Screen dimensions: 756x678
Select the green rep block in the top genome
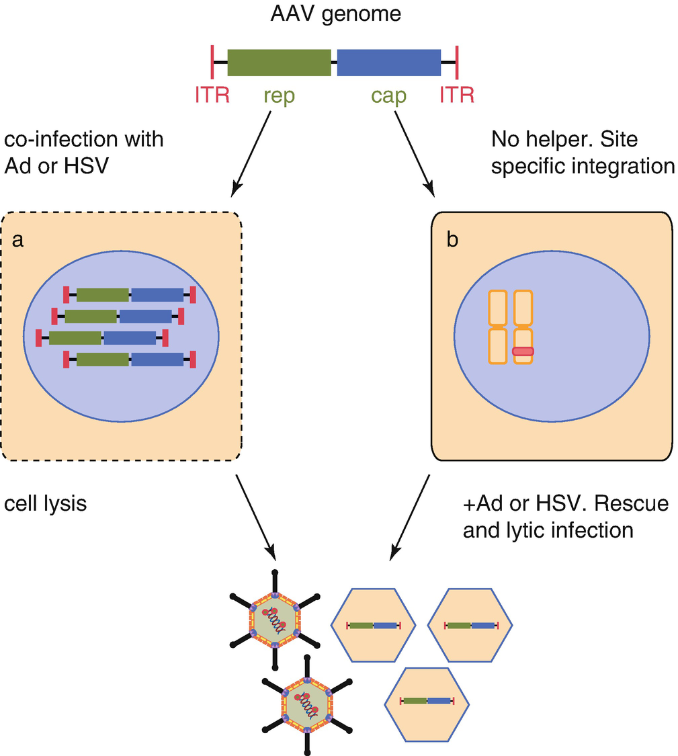point(279,62)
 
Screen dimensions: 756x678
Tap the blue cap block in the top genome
point(388,62)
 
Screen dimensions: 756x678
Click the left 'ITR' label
point(212,95)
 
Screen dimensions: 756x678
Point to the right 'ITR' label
point(456,95)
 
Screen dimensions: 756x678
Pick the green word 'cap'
point(388,96)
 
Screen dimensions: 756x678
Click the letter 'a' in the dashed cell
point(19,241)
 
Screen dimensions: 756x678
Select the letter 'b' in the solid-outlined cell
point(453,241)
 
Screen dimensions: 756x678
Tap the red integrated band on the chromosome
point(523,351)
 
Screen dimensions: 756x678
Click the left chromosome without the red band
point(497,327)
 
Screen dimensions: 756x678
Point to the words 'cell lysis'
point(46,503)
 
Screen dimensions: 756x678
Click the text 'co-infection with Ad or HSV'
point(83,153)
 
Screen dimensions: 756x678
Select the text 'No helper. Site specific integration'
point(583,153)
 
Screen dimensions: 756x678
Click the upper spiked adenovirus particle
point(275,620)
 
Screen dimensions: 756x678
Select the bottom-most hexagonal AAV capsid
point(427,702)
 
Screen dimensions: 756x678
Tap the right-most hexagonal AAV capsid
point(470,625)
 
